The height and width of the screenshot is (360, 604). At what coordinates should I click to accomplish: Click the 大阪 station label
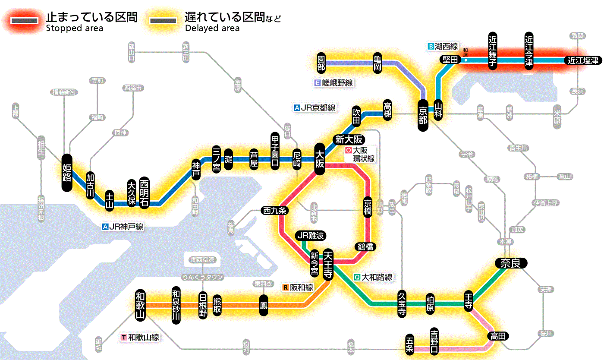(320, 159)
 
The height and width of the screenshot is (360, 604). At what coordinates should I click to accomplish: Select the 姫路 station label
(67, 172)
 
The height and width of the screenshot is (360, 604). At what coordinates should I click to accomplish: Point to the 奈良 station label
(511, 263)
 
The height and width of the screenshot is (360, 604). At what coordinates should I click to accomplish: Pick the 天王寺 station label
(327, 264)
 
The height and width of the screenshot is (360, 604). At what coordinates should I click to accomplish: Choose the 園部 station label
(321, 63)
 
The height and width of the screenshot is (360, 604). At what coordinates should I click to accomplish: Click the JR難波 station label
(311, 236)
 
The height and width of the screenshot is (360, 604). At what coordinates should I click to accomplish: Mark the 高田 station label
(498, 336)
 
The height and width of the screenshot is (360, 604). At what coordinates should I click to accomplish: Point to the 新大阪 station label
(349, 139)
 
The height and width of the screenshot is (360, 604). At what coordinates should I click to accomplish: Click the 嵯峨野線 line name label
(334, 83)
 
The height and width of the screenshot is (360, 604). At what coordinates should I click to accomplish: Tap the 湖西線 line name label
(443, 46)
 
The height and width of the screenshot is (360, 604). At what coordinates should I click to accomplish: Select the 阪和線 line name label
(299, 287)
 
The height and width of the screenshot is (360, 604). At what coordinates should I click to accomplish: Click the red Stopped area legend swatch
(25, 21)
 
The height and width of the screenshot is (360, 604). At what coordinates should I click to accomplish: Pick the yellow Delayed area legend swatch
(163, 21)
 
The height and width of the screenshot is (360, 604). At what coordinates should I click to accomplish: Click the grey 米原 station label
(557, 117)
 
